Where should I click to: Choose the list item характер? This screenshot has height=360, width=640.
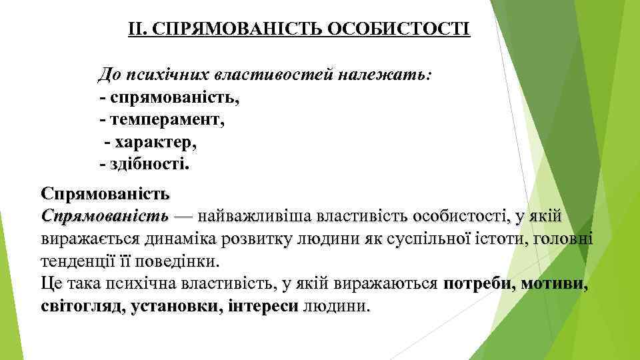tap(155, 142)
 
